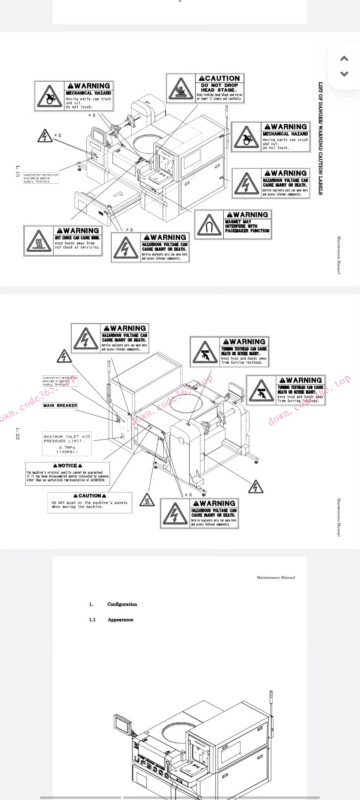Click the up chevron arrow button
[344, 59]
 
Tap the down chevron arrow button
[344, 74]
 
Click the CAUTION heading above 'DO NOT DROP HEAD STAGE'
[220, 78]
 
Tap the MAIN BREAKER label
[60, 405]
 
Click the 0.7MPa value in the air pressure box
[67, 447]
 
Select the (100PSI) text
[67, 452]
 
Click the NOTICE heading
[67, 465]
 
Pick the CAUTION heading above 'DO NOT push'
[90, 496]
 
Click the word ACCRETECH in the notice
[98, 480]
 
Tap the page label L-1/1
[17, 172]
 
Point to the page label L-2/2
[17, 434]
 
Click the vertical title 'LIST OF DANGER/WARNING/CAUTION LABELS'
[320, 138]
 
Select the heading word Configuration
[122, 604]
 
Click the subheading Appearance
[120, 620]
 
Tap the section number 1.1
[92, 620]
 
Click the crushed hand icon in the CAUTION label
[181, 89]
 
